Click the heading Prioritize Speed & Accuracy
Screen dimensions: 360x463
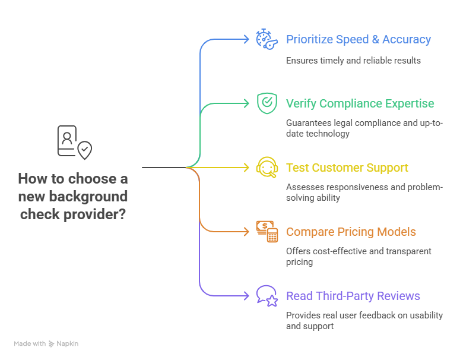click(x=358, y=40)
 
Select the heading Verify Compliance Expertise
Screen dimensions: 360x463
click(x=360, y=103)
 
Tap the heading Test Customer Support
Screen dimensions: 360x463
click(x=347, y=168)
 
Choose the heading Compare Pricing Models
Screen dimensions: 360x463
click(x=351, y=232)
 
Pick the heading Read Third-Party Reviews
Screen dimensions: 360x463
click(x=353, y=296)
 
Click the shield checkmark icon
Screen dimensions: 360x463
click(x=267, y=103)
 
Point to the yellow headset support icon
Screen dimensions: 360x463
click(x=267, y=168)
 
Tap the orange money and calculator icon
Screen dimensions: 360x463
click(x=267, y=232)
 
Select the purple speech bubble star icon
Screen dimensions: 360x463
click(x=267, y=296)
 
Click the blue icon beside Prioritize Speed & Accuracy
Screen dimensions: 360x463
click(x=266, y=39)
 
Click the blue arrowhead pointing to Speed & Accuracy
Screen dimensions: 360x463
click(x=246, y=40)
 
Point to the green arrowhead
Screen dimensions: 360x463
click(x=246, y=103)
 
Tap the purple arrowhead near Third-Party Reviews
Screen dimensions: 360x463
click(x=246, y=296)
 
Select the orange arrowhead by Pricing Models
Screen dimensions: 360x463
click(x=246, y=232)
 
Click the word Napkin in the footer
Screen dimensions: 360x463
click(x=68, y=343)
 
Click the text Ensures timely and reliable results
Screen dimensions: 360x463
click(x=353, y=60)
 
